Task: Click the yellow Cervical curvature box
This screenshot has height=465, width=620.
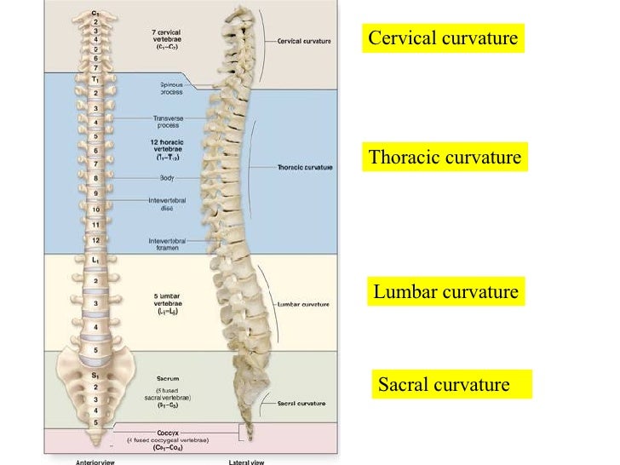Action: click(443, 39)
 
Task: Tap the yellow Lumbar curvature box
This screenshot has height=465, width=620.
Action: click(445, 292)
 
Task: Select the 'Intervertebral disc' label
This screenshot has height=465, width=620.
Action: click(167, 204)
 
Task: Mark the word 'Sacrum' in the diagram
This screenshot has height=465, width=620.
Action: click(168, 378)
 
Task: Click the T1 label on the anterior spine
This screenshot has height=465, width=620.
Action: click(95, 78)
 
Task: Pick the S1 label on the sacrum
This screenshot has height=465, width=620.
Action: click(95, 373)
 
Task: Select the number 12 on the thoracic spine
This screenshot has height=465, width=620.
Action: click(95, 240)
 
